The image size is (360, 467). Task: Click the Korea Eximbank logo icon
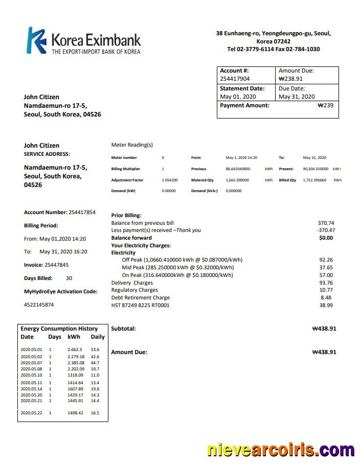[x=37, y=41]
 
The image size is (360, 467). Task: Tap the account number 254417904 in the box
[x=235, y=79]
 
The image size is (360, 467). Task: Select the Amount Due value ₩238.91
[x=290, y=79]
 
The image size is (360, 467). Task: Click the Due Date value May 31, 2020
[x=297, y=97]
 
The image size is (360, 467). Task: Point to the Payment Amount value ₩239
[x=325, y=106]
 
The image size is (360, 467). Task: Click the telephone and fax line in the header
[x=274, y=49]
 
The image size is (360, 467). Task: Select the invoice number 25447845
[x=56, y=265]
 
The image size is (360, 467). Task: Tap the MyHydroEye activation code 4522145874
[x=38, y=305]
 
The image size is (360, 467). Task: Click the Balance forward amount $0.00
[x=326, y=238]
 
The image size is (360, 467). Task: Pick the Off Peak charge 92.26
[x=326, y=260]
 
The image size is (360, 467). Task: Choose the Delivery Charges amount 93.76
[x=326, y=283]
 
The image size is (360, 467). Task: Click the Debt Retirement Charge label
[x=141, y=297]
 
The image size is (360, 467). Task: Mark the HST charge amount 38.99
[x=326, y=305]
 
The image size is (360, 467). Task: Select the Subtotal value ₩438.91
[x=324, y=329]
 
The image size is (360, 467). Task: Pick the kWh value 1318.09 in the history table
[x=76, y=375]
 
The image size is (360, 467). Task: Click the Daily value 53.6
[x=95, y=349]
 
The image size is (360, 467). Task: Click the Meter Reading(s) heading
[x=132, y=145]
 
